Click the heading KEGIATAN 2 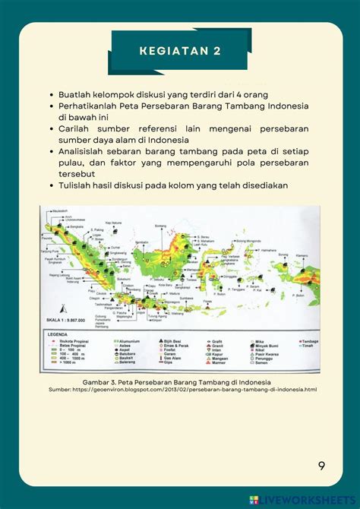[x=180, y=51]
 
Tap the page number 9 [x=321, y=466]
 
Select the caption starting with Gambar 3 [x=180, y=381]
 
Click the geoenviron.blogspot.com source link [x=180, y=389]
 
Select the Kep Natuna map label [x=113, y=223]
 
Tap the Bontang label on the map [x=161, y=226]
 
